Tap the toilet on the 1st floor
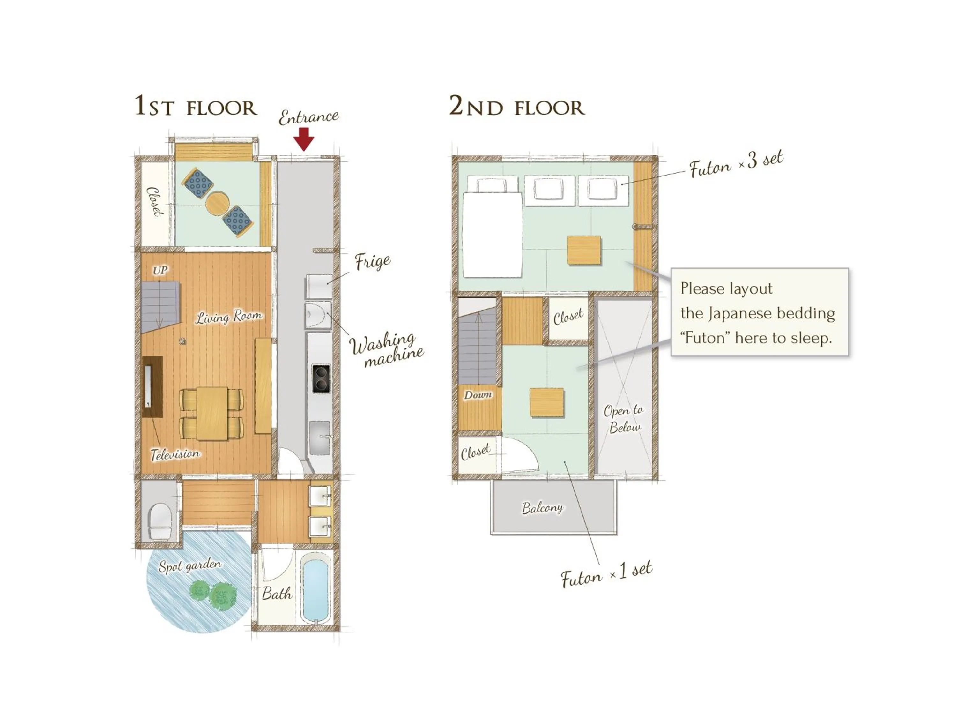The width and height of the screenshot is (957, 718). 159,521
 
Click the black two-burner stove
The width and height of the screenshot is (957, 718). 321,379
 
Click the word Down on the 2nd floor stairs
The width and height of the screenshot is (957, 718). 478,395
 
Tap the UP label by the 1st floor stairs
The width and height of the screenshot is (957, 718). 159,271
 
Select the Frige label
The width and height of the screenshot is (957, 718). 373,261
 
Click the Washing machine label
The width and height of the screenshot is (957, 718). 386,350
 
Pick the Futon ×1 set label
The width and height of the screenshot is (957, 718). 606,575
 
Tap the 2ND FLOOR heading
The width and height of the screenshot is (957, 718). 517,107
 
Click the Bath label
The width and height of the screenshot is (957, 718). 277,593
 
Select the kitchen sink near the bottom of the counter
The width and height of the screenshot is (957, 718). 320,437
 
